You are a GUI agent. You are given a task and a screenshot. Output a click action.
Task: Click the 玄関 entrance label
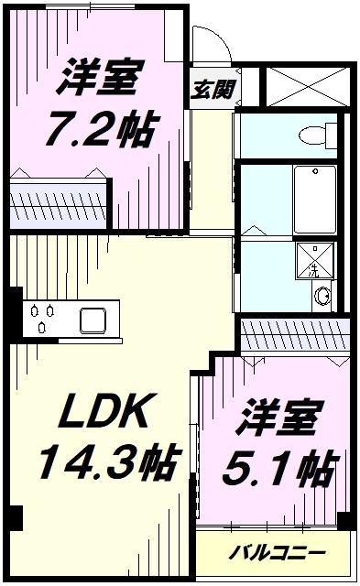(214, 89)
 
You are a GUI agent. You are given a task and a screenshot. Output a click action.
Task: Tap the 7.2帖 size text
(100, 130)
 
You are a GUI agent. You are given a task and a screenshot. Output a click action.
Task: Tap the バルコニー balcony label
(276, 552)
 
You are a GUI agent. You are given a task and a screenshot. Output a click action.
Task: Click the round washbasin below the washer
(322, 296)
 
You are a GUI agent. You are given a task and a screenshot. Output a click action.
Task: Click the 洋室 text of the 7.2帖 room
(100, 80)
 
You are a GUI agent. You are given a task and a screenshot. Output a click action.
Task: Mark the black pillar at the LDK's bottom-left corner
(11, 517)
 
